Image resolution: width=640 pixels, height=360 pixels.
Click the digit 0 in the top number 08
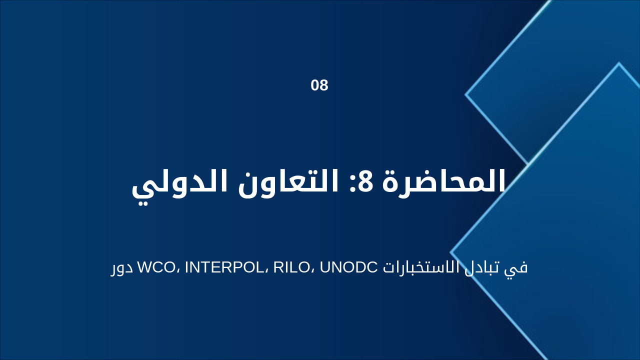click(x=315, y=85)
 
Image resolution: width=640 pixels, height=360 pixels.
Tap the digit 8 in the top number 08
click(x=324, y=85)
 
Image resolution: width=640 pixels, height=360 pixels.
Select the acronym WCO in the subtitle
click(x=155, y=267)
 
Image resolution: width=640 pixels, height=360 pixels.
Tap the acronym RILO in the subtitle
click(x=290, y=267)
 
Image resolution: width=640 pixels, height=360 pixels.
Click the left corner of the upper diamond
click(x=465, y=94)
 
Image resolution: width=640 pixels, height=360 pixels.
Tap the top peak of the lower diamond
click(x=619, y=63)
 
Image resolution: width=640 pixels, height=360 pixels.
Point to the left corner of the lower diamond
click(x=451, y=252)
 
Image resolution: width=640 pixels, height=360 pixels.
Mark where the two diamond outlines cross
click(x=528, y=164)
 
